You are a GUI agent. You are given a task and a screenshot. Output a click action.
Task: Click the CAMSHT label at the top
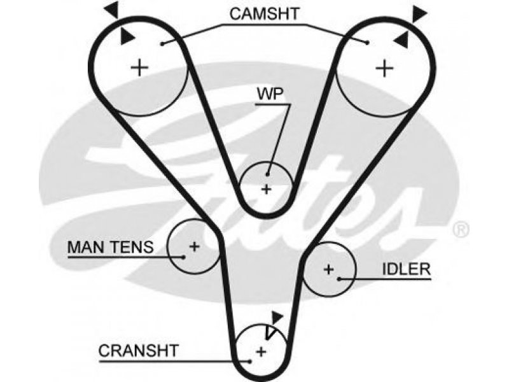[x=264, y=13]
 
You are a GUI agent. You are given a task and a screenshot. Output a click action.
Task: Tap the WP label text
[x=270, y=94]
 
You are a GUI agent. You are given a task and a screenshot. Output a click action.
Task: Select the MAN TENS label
[x=110, y=247]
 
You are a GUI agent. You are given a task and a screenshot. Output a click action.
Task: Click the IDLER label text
[x=407, y=269]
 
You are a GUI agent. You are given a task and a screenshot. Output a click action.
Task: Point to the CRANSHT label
[x=139, y=351]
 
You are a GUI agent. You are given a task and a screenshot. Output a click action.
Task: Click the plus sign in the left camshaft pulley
[x=139, y=68]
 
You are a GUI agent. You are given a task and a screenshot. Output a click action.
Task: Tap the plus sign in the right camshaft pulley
[x=384, y=68]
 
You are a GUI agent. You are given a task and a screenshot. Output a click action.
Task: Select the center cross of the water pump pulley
[x=267, y=189]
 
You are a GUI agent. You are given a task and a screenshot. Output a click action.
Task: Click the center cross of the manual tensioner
[x=195, y=246]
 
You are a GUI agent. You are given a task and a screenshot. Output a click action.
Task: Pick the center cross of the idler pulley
[x=328, y=269]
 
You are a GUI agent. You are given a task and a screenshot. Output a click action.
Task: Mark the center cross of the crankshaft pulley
[x=261, y=351]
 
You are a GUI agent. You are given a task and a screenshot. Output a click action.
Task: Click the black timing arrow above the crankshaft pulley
[x=277, y=317]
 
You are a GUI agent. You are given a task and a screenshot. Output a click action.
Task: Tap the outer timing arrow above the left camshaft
[x=112, y=9]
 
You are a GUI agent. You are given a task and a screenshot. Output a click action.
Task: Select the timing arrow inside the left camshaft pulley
[x=127, y=36]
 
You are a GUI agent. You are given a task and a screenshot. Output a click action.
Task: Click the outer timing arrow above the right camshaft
[x=419, y=13]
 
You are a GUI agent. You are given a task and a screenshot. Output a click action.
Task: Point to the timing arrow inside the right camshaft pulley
[x=401, y=40]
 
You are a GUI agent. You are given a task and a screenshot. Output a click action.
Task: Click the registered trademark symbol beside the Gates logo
[x=461, y=229]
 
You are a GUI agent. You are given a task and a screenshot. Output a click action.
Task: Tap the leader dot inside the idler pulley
[x=338, y=279]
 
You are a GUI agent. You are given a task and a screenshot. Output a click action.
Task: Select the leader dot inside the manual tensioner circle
[x=184, y=257]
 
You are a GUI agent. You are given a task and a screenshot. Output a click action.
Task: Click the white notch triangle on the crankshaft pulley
[x=269, y=332]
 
